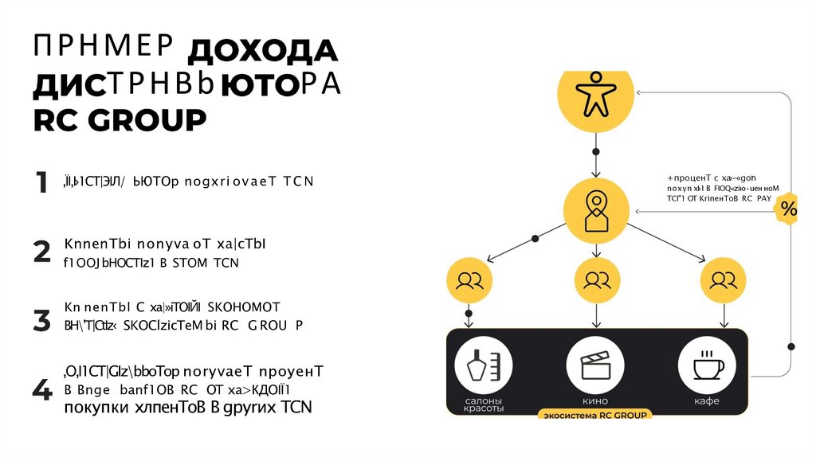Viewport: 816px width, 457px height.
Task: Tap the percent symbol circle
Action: [788, 209]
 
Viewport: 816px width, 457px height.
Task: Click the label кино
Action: [596, 401]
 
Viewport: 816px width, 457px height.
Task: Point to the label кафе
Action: [707, 401]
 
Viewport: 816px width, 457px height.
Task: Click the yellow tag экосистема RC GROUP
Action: [596, 415]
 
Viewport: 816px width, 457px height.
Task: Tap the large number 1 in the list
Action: [41, 183]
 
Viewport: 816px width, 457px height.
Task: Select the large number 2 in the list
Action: [41, 252]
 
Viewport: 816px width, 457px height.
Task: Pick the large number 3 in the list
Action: [41, 321]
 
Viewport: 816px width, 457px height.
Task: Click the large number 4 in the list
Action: [41, 390]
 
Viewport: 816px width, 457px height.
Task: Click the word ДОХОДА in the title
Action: [262, 53]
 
